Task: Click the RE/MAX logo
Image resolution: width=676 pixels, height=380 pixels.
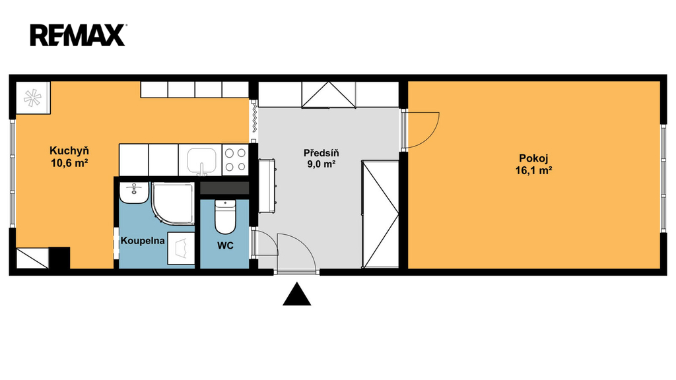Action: [x=78, y=36]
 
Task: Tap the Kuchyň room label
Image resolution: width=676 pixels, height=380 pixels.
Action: [x=69, y=151]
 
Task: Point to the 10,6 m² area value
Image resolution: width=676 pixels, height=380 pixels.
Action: [x=69, y=164]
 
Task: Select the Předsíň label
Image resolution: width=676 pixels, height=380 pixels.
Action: [x=321, y=153]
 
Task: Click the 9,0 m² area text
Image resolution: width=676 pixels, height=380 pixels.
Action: [x=321, y=164]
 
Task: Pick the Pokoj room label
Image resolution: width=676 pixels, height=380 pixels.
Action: [x=533, y=158]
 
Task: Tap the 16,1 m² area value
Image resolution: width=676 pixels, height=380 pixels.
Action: [x=533, y=171]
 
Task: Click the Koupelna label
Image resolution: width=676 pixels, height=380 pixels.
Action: [x=143, y=241]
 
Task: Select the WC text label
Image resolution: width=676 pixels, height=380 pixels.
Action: [x=225, y=245]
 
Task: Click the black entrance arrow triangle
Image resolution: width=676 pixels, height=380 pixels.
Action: [x=296, y=295]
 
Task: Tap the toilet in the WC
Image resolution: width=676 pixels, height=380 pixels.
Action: [x=225, y=216]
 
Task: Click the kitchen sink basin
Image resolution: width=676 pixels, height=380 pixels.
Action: [x=202, y=161]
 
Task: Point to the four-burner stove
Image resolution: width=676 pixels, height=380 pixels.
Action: [x=236, y=160]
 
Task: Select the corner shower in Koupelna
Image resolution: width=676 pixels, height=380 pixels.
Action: [x=172, y=203]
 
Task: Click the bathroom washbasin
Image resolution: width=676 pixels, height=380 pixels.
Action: [x=134, y=193]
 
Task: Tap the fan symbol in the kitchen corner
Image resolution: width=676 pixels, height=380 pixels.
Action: [x=33, y=98]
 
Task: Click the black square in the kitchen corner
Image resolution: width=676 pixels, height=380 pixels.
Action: [x=59, y=258]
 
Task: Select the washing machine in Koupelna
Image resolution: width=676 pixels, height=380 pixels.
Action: [x=181, y=249]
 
